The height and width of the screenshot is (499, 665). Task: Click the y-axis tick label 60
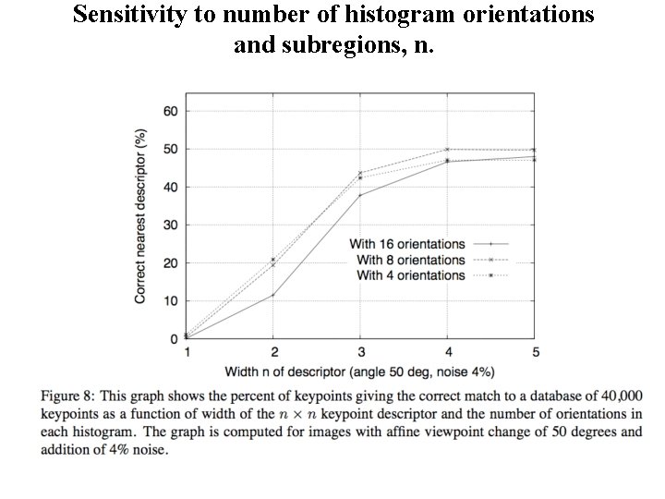tap(170, 111)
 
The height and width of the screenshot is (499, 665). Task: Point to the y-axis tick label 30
tap(170, 225)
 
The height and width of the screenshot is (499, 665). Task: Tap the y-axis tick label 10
tap(170, 301)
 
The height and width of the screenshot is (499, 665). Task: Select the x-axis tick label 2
tap(273, 352)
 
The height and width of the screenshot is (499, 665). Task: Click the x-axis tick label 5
tap(535, 352)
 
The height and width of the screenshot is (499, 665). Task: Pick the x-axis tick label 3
tap(360, 352)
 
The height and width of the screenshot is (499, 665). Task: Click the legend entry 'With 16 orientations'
tap(406, 244)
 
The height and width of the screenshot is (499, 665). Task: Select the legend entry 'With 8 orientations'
tap(410, 260)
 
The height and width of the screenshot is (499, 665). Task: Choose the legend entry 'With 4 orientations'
tap(410, 275)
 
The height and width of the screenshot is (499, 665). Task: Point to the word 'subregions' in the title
tap(333, 43)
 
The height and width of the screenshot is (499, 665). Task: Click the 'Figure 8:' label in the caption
tap(68, 396)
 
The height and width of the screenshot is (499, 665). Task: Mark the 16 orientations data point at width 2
tap(273, 296)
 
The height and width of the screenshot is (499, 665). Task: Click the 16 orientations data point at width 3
tap(360, 195)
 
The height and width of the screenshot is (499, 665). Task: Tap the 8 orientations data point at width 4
tap(448, 149)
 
